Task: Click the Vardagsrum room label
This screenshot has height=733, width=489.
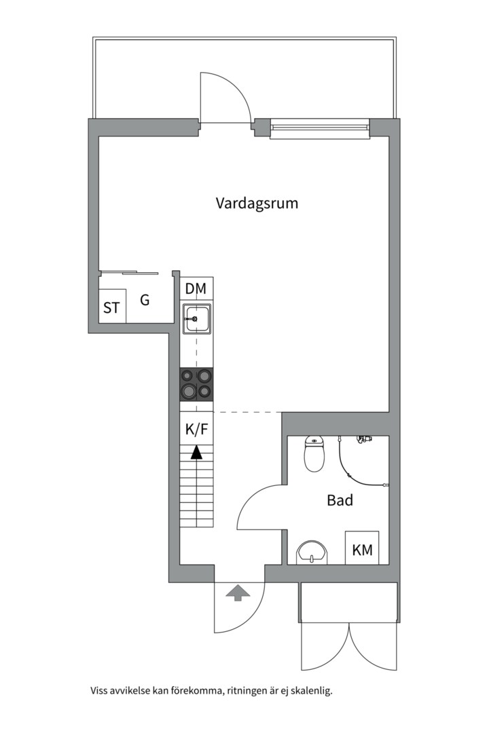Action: (x=257, y=203)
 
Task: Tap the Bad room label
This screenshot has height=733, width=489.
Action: (x=340, y=500)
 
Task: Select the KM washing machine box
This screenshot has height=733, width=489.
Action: (x=362, y=548)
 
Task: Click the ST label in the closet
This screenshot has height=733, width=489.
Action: (x=111, y=308)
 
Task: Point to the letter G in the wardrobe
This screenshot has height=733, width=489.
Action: (x=145, y=300)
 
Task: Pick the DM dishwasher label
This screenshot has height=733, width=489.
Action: (x=196, y=289)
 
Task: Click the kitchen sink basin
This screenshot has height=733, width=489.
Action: (x=196, y=318)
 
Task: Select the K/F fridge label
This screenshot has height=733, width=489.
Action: (x=196, y=429)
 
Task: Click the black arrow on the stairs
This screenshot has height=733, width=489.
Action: (x=196, y=452)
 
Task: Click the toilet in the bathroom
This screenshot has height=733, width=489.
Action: (x=314, y=455)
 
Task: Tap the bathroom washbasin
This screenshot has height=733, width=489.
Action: (x=312, y=552)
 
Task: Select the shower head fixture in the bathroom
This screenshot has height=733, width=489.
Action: (x=365, y=439)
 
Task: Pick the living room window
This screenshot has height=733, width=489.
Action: (x=319, y=128)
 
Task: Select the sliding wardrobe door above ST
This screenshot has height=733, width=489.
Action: (x=129, y=274)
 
